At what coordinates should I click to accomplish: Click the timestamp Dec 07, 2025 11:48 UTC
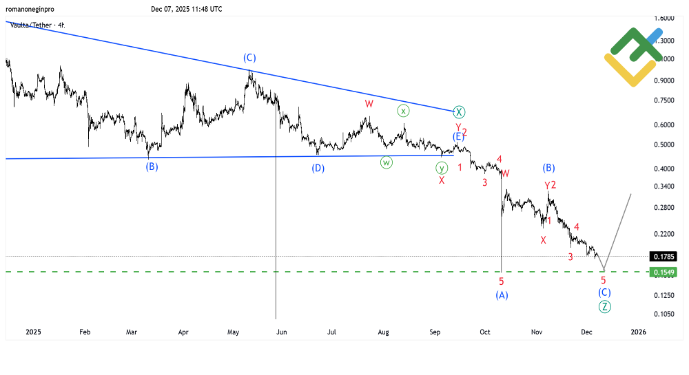[x=186, y=9]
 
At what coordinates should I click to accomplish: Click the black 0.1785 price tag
[x=663, y=257]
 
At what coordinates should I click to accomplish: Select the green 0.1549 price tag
[x=663, y=272]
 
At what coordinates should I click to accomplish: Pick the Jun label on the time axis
[x=281, y=332]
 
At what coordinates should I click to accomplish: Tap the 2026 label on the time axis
[x=638, y=332]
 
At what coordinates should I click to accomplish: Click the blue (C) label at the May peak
[x=249, y=58]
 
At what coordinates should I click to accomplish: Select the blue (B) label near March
[x=152, y=167]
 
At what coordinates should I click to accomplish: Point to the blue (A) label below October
[x=502, y=295]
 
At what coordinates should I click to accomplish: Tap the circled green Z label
[x=604, y=307]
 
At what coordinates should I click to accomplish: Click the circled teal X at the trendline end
[x=460, y=112]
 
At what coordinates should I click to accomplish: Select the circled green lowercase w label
[x=386, y=163]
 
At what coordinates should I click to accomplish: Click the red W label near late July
[x=369, y=104]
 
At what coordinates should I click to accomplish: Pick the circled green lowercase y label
[x=442, y=168]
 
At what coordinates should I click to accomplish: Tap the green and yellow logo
[x=632, y=56]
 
